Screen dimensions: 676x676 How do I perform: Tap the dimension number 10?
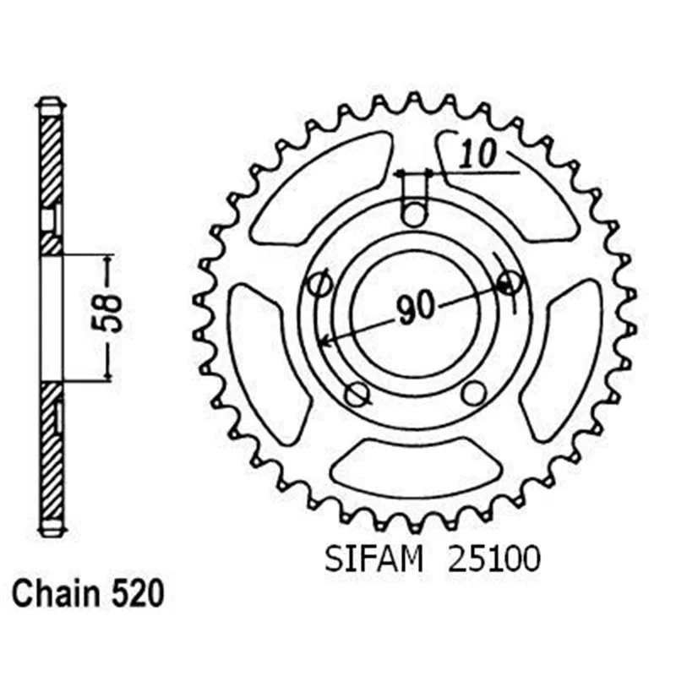(477, 154)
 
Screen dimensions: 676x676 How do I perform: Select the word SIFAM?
(373, 559)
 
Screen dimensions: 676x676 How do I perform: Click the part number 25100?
(494, 559)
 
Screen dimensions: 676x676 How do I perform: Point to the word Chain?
(57, 594)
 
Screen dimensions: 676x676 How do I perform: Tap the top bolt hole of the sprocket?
(414, 214)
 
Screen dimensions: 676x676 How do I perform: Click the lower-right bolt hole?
(473, 393)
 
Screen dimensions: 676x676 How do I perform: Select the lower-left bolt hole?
(356, 393)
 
